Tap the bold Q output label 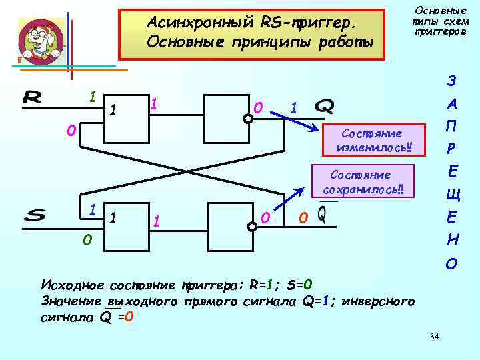[325, 107]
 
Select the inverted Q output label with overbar [322, 215]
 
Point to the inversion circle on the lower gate [252, 227]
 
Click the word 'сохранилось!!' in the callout [368, 189]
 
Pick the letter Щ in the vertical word [451, 195]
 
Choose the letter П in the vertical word [451, 127]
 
